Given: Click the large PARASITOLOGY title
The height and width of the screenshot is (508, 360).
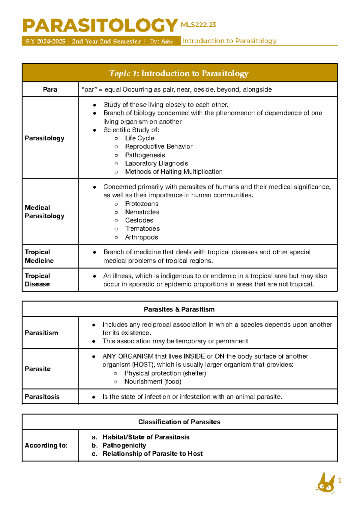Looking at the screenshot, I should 100,25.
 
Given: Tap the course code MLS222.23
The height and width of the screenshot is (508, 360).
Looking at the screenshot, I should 198,25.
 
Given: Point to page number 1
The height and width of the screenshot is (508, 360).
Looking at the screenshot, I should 340,481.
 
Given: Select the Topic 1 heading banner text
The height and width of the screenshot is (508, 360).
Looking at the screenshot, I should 179,73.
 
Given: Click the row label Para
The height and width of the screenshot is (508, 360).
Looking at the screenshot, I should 50,89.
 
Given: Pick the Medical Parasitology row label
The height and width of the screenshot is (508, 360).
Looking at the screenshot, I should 44,212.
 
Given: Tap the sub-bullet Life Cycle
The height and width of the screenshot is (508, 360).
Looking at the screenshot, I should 139,138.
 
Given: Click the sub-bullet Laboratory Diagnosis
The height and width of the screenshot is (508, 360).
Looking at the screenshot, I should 156,163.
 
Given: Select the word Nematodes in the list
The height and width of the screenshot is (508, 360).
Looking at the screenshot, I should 142,212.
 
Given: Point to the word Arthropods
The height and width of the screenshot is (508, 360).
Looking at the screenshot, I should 141,237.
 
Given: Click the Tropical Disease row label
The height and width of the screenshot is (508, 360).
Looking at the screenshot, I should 37,280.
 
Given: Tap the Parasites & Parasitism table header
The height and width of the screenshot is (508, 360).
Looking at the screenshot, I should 179,309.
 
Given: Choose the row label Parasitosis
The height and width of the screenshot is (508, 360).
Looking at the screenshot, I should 42,397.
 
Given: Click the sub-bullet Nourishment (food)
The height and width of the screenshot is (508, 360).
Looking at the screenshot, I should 153,381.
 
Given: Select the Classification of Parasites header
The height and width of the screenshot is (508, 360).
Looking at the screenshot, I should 179,422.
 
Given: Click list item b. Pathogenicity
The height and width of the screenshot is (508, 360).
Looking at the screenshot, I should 124,445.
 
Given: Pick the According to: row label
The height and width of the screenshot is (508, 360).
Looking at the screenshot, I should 46,445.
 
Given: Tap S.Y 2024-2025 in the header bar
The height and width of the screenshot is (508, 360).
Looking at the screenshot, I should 45,41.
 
